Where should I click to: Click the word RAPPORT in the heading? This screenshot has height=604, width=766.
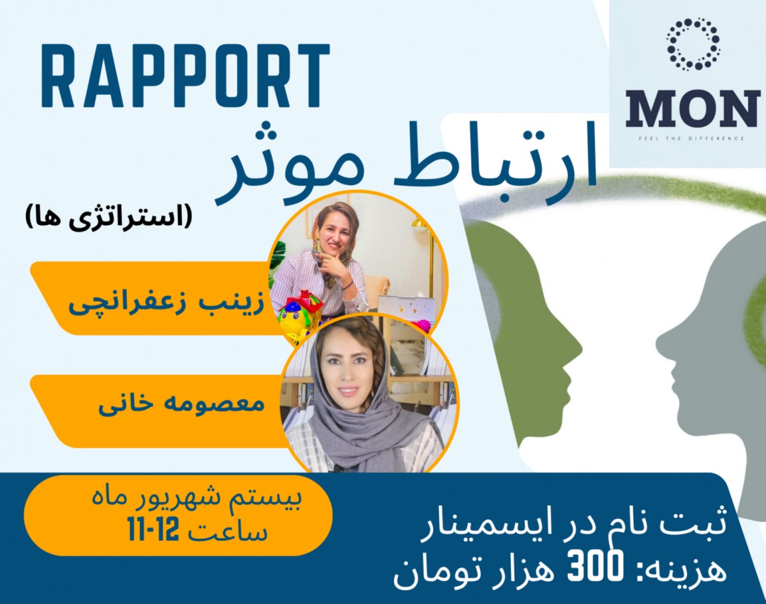tap(185, 77)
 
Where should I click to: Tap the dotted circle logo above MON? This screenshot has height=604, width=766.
tap(693, 44)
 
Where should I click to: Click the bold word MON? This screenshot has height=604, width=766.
tap(693, 109)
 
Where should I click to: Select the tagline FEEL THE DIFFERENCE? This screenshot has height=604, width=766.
tap(693, 138)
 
